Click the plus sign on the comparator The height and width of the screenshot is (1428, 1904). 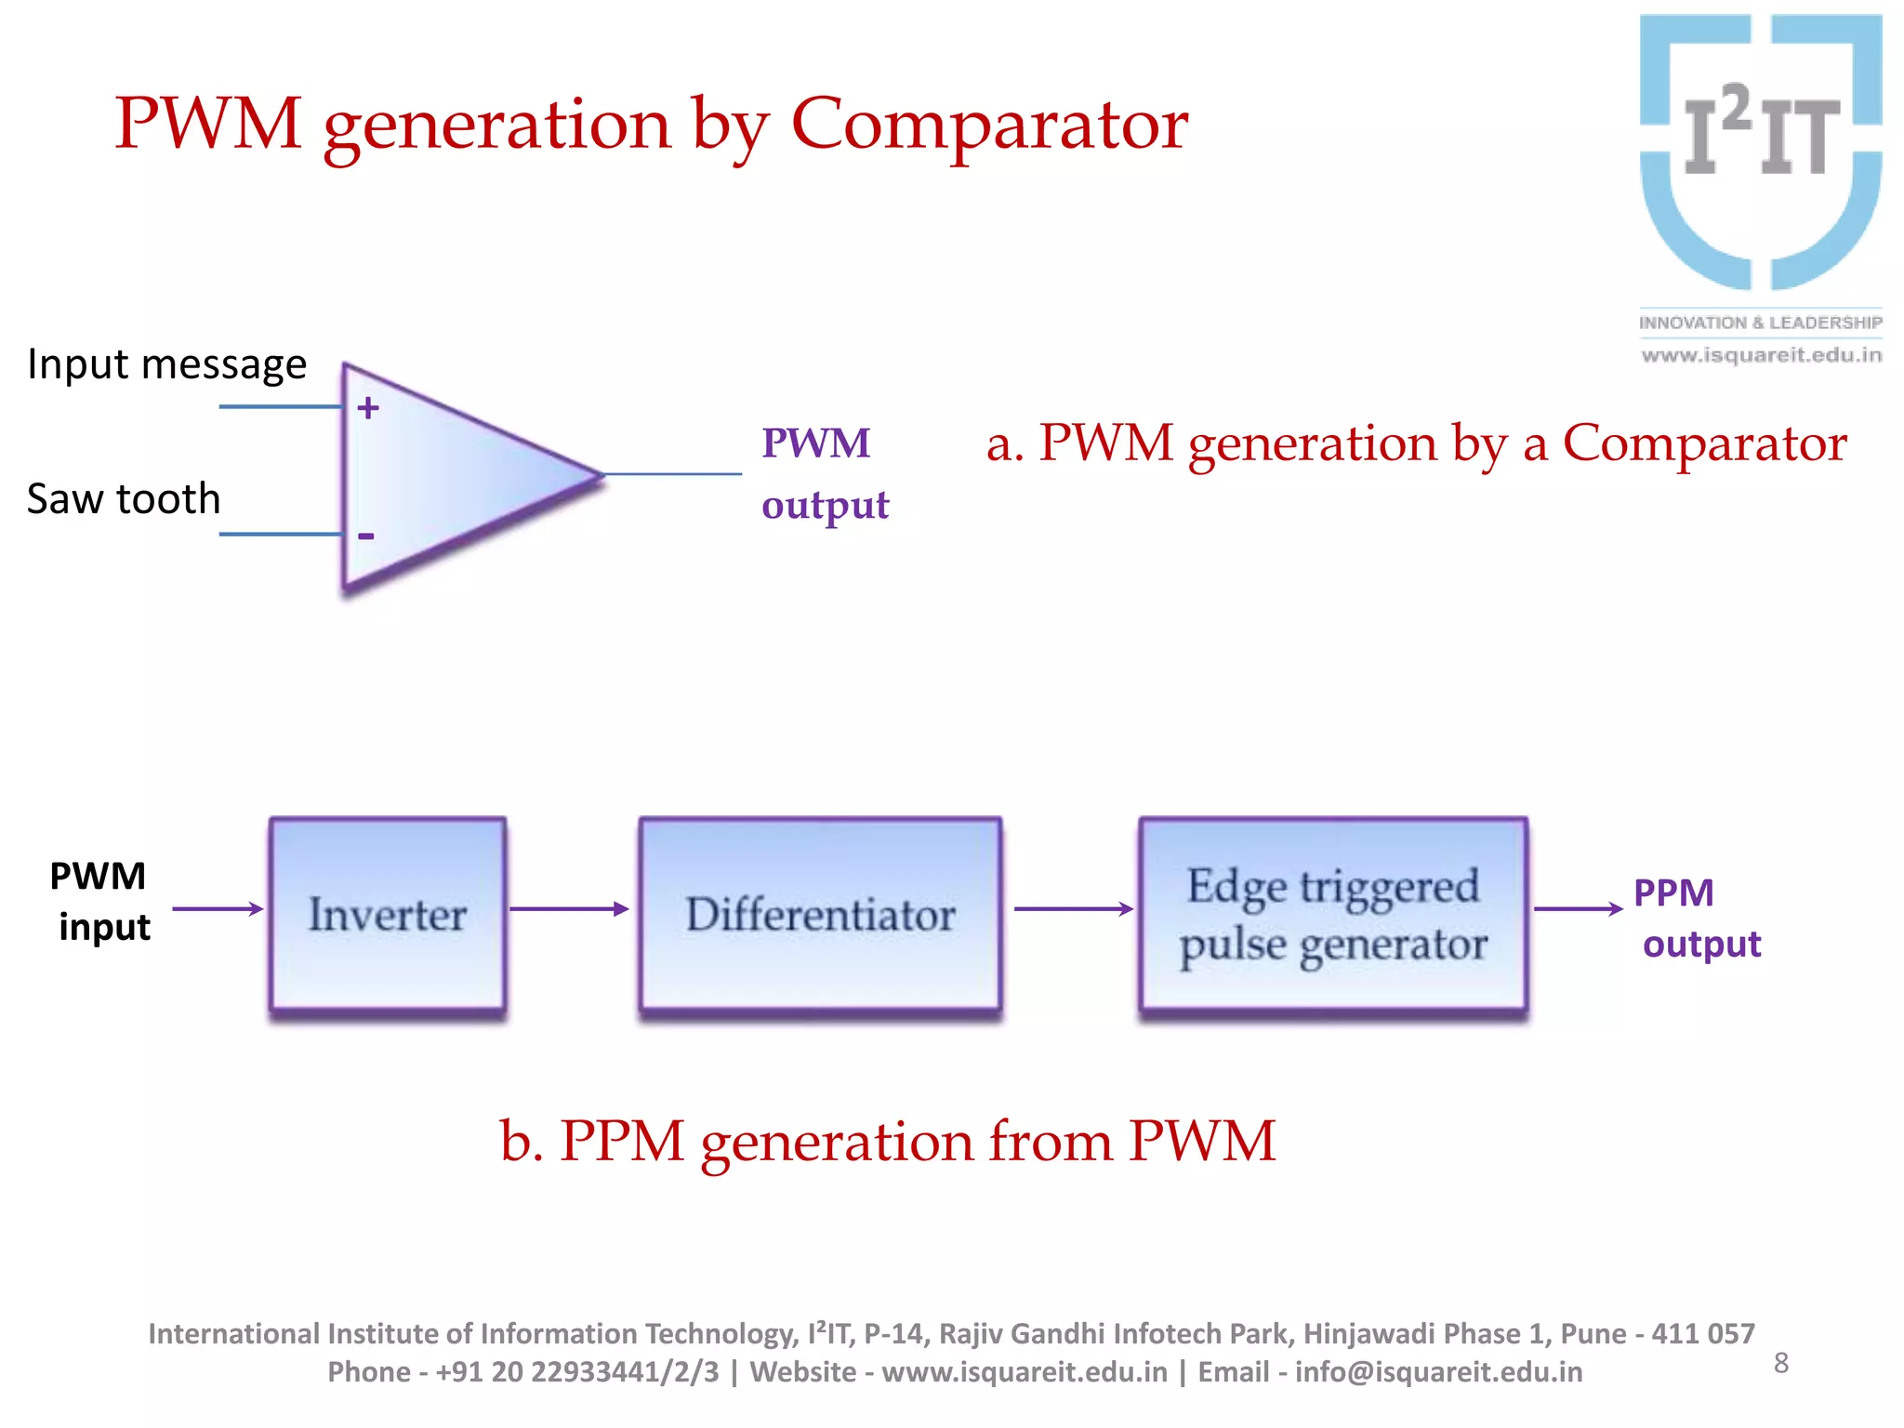368,408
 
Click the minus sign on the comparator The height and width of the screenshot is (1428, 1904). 366,536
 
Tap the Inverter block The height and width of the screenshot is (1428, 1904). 388,915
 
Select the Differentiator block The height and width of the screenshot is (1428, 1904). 820,915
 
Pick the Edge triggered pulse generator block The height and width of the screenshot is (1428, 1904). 1333,915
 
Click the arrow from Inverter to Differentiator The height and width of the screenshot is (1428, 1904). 569,909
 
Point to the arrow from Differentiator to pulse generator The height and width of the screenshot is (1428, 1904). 1073,909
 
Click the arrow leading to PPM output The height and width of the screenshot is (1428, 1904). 1578,909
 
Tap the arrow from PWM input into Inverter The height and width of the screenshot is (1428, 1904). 218,909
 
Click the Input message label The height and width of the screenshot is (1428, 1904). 166,364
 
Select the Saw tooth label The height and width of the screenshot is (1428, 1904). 124,499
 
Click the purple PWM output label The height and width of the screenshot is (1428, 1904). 824,474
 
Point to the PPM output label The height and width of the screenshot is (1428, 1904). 1696,919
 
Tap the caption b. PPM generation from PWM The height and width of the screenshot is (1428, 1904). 887,1141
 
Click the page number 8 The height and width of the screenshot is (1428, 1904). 1781,1363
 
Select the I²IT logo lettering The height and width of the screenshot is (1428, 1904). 1761,133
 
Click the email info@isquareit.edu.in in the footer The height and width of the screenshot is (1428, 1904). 1438,1372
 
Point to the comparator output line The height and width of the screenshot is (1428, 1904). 673,474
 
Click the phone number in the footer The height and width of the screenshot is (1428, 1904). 576,1372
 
